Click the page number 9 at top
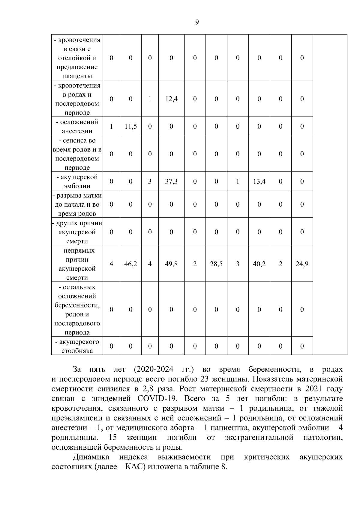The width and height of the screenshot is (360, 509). tap(197, 22)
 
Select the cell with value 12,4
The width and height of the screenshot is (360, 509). tap(171, 99)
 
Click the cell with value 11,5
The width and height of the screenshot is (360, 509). tap(130, 126)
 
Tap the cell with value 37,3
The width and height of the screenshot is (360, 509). tap(171, 181)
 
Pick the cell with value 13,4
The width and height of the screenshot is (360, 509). tap(259, 181)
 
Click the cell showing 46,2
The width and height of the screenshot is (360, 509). tap(130, 264)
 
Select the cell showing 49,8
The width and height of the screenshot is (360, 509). tap(171, 264)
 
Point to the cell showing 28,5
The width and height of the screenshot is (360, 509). tap(216, 264)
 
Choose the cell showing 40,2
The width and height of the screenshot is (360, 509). tap(259, 264)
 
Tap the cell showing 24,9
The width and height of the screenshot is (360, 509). tap(302, 264)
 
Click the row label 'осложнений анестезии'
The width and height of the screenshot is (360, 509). tap(77, 126)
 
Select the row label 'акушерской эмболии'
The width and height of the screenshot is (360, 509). tap(77, 181)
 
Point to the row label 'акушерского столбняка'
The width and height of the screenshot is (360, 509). tap(77, 346)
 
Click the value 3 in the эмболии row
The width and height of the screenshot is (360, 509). tap(150, 181)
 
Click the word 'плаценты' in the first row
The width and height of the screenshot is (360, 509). tap(77, 76)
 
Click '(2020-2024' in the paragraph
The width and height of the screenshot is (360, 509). tap(154, 369)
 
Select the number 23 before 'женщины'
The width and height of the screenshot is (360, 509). tap(204, 379)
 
